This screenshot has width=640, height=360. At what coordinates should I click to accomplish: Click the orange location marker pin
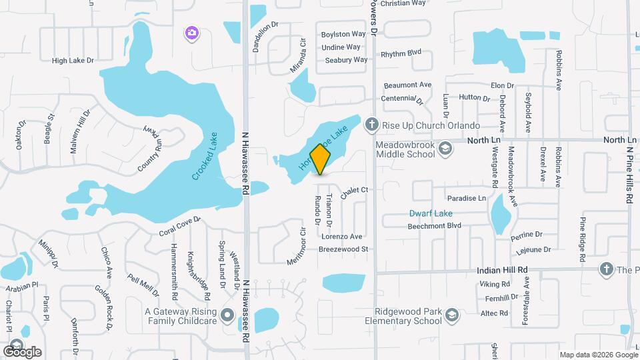pos(321,159)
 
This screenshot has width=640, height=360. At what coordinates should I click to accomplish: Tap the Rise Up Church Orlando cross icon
pos(372,125)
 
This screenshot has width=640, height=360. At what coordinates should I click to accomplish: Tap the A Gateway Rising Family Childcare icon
pos(227,315)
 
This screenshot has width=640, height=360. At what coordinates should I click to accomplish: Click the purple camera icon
pos(191,32)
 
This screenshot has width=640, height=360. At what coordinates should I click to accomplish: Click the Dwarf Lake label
pos(431,213)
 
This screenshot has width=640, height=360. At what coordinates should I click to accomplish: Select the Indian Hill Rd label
pos(503,270)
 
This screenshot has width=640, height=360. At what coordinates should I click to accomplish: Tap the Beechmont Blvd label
pos(435,226)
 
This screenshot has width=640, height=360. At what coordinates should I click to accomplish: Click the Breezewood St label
pos(343,249)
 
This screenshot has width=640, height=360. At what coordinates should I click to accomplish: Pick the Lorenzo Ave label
pos(342,236)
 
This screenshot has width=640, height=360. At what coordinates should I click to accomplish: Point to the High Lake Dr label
pos(73,61)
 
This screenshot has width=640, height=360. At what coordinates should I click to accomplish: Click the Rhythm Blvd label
pos(401,53)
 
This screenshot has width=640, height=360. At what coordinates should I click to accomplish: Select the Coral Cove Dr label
pos(179,232)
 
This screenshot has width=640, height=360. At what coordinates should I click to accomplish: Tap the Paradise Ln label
pos(467,198)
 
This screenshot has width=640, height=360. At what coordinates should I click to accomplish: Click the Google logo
pos(22,351)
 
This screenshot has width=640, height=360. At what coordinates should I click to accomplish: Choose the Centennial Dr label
pos(402,99)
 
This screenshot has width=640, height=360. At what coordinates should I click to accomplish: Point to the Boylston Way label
pos(344,34)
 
